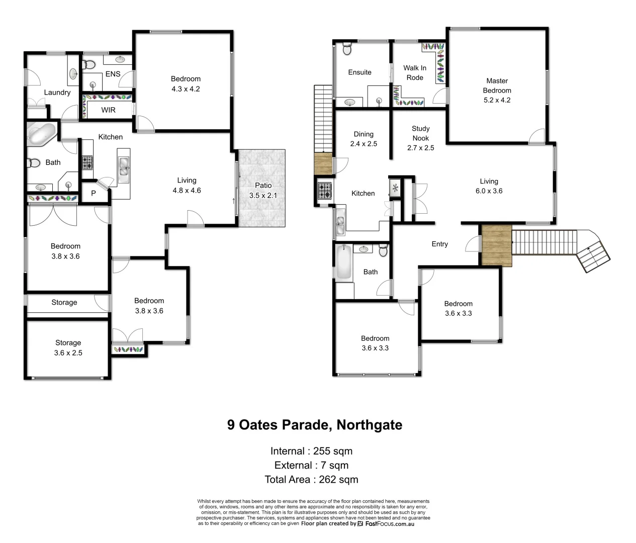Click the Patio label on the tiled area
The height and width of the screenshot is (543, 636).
click(263, 190)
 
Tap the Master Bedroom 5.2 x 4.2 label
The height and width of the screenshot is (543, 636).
click(497, 90)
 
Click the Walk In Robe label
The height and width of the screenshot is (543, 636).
click(415, 73)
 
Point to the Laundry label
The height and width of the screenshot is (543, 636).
click(57, 93)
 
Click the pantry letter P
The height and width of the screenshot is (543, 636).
click(94, 193)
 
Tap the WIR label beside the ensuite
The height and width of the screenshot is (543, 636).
click(108, 110)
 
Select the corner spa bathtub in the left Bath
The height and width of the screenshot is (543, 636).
click(42, 134)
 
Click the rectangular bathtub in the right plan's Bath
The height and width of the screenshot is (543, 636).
click(343, 262)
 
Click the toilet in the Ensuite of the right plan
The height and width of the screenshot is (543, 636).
click(347, 49)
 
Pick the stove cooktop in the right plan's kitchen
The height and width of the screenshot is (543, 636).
click(324, 191)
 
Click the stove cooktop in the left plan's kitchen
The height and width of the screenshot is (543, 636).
click(87, 162)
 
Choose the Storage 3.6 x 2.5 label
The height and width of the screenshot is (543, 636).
click(68, 348)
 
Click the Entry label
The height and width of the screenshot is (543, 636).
click(439, 244)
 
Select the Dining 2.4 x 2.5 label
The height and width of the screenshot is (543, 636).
click(364, 139)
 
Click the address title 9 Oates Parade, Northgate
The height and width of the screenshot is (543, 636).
click(315, 425)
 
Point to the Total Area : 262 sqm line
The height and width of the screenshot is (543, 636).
click(311, 480)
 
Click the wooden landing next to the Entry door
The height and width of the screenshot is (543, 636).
click(496, 246)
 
